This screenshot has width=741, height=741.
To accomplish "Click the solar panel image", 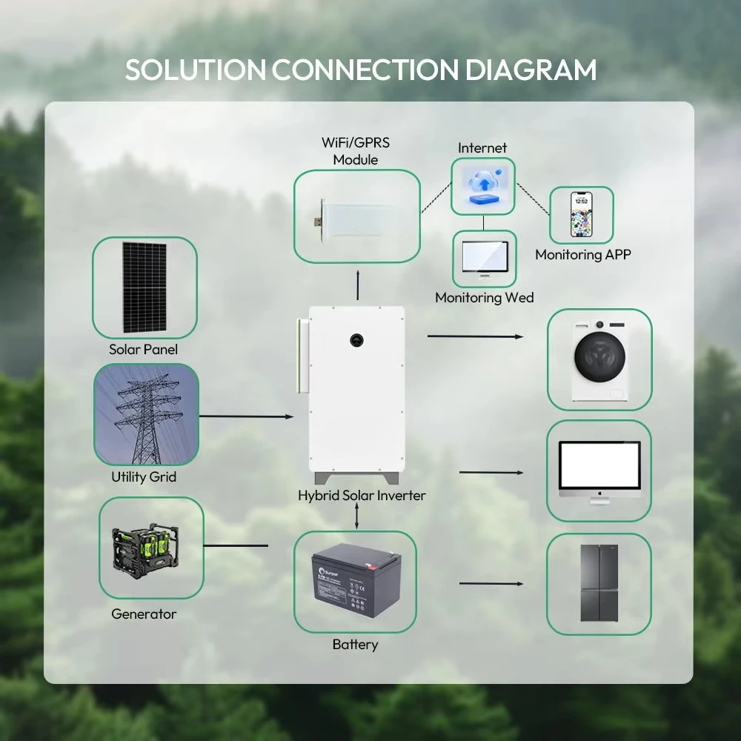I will click(144, 288).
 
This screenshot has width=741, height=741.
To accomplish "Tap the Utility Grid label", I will click(144, 477).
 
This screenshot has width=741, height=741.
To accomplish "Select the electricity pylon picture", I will click(146, 415).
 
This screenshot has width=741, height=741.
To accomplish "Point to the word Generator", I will click(144, 614).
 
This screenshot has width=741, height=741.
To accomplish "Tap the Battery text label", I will click(355, 645).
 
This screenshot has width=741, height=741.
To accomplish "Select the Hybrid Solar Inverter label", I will click(362, 495).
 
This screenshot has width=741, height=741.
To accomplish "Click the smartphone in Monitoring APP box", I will click(581, 215).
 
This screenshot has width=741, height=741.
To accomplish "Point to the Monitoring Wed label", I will click(484, 297).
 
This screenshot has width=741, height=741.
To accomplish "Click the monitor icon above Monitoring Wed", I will click(484, 259).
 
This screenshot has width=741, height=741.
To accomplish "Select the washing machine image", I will click(599, 360).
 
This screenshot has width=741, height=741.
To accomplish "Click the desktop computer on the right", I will click(599, 471).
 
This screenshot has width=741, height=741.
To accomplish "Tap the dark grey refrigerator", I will click(599, 583).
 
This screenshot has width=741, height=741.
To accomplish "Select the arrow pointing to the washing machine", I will click(475, 336).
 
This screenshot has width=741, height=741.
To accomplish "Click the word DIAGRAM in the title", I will click(531, 70).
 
